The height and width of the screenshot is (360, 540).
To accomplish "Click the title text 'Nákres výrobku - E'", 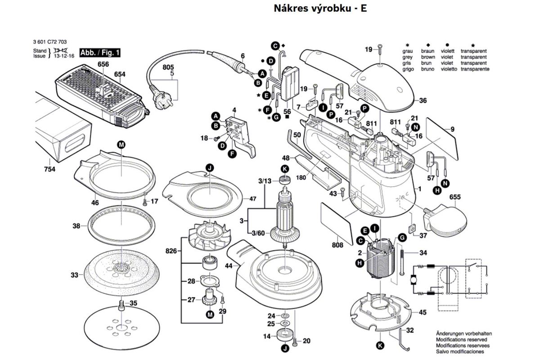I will tap(320, 9).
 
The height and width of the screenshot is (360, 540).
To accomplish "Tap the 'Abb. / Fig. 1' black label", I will tap(100, 53).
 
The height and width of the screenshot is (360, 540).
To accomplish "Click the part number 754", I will tap(49, 169).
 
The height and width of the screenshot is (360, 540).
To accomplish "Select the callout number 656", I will tap(103, 64).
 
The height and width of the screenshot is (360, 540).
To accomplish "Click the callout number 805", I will tap(168, 67).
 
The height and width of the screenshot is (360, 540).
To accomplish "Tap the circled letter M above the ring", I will tap(121, 144).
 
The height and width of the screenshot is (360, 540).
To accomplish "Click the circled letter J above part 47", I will tap(209, 168).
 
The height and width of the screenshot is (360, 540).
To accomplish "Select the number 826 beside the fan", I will tap(171, 250).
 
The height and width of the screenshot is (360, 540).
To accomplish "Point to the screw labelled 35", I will tap(121, 306).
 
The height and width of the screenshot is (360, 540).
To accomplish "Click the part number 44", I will tap(229, 265).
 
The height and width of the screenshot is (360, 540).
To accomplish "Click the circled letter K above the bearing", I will tap(284, 169).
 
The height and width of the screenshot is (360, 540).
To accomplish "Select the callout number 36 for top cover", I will tap(423, 100).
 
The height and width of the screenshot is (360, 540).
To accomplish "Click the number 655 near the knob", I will tap(455, 197).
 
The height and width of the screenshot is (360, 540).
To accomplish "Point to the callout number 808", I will tap(337, 245).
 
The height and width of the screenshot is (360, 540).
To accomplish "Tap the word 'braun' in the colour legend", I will tap(428, 52).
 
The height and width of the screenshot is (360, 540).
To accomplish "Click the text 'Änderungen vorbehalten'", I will tap(463, 333).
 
